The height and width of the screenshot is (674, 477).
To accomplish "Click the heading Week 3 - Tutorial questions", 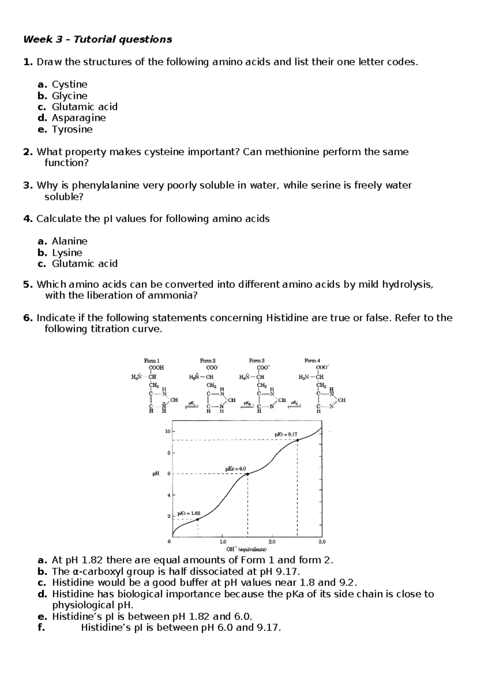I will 97,39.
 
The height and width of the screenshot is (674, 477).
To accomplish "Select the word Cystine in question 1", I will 70,84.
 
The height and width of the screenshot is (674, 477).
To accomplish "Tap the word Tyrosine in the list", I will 72,129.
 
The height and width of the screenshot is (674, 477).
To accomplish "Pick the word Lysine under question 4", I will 67,252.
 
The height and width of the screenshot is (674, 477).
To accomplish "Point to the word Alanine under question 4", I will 70,241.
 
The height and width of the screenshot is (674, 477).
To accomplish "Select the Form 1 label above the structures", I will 151,360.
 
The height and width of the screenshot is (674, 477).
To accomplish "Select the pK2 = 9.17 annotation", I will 285,434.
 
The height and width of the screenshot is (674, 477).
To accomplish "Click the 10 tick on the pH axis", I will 167,431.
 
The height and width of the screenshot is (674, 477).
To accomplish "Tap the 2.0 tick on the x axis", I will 272,542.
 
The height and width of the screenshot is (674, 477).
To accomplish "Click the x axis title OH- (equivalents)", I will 246,549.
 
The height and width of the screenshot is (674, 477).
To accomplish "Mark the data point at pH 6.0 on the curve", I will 248,474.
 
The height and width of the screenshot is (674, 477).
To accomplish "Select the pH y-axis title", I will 156,474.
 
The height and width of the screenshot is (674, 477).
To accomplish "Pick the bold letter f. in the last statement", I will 41,628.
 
